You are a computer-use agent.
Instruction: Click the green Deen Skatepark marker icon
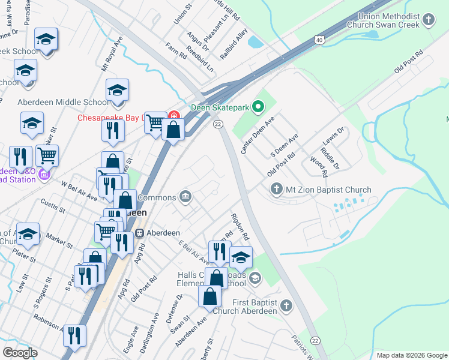point(259,108)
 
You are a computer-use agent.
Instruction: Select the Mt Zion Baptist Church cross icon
point(277,190)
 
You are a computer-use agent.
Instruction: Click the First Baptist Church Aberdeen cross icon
point(286,306)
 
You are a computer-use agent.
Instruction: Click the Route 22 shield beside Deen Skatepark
point(218,124)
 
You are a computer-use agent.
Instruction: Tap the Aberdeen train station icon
point(139,233)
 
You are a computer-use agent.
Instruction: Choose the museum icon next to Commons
point(185,197)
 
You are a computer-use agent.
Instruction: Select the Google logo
point(20,352)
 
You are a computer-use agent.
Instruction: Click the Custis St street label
point(53,208)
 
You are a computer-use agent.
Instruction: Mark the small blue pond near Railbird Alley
point(255,42)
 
